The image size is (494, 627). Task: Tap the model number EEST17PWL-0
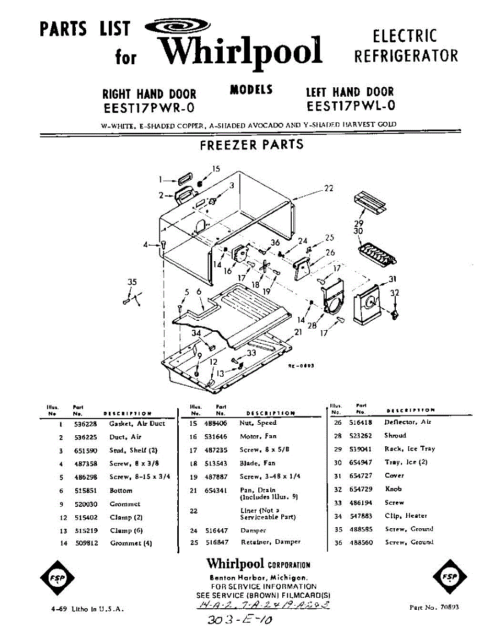[350, 106]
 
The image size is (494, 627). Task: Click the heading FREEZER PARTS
[251, 145]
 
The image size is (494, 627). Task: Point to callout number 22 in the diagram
[328, 188]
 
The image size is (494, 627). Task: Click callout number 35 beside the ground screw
[132, 282]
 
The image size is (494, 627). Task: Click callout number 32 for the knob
[395, 293]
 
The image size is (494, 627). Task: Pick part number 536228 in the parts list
[85, 424]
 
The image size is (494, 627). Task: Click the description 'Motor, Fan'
[258, 436]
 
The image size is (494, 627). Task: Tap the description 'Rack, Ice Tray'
[409, 449]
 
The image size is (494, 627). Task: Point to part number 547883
[361, 516]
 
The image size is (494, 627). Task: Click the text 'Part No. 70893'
[434, 608]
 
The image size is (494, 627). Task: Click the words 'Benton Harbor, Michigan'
[258, 578]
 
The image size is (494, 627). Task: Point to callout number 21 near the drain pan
[298, 332]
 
